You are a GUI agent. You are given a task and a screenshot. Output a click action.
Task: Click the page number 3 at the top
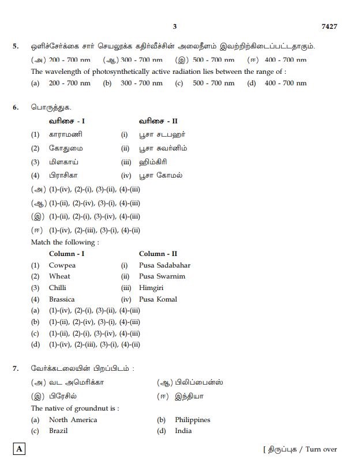pos(175,27)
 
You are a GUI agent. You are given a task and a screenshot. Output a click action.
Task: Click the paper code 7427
pos(329,27)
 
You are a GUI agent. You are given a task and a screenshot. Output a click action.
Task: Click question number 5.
pos(16,46)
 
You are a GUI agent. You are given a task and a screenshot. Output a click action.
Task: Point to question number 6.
pos(16,107)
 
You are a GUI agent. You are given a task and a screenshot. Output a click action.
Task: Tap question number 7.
pos(16,368)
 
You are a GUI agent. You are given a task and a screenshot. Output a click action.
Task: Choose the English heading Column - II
pos(158,254)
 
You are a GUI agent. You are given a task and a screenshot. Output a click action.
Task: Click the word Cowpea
pos(62,265)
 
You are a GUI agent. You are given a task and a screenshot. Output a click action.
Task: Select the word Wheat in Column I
pos(59,276)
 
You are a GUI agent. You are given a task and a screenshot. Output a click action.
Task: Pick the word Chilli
pos(58,287)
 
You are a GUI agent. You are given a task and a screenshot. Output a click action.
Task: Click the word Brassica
pos(62,299)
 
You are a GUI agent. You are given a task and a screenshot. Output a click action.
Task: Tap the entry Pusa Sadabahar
pos(164,265)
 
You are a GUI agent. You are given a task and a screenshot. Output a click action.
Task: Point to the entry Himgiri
pos(152,287)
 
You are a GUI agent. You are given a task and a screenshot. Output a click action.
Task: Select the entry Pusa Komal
pos(158,299)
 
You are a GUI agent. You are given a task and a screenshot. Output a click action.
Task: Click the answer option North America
pos(73,420)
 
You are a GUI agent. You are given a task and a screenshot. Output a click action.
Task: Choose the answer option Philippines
pos(192,420)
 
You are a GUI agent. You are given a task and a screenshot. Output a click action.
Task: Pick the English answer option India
pos(183,431)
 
